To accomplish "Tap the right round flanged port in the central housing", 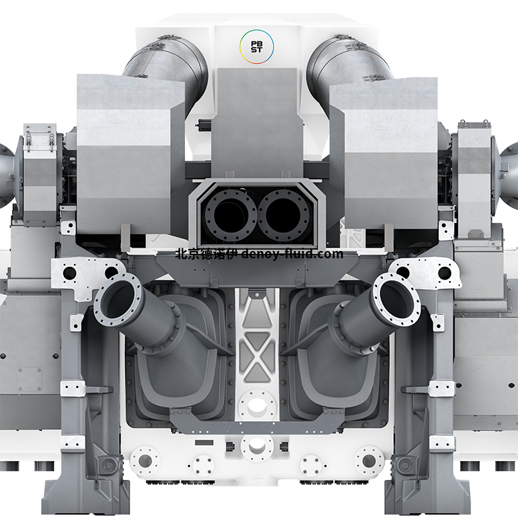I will point(284,215).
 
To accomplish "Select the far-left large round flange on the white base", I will point(145,460).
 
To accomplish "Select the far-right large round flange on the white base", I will point(369,460).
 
